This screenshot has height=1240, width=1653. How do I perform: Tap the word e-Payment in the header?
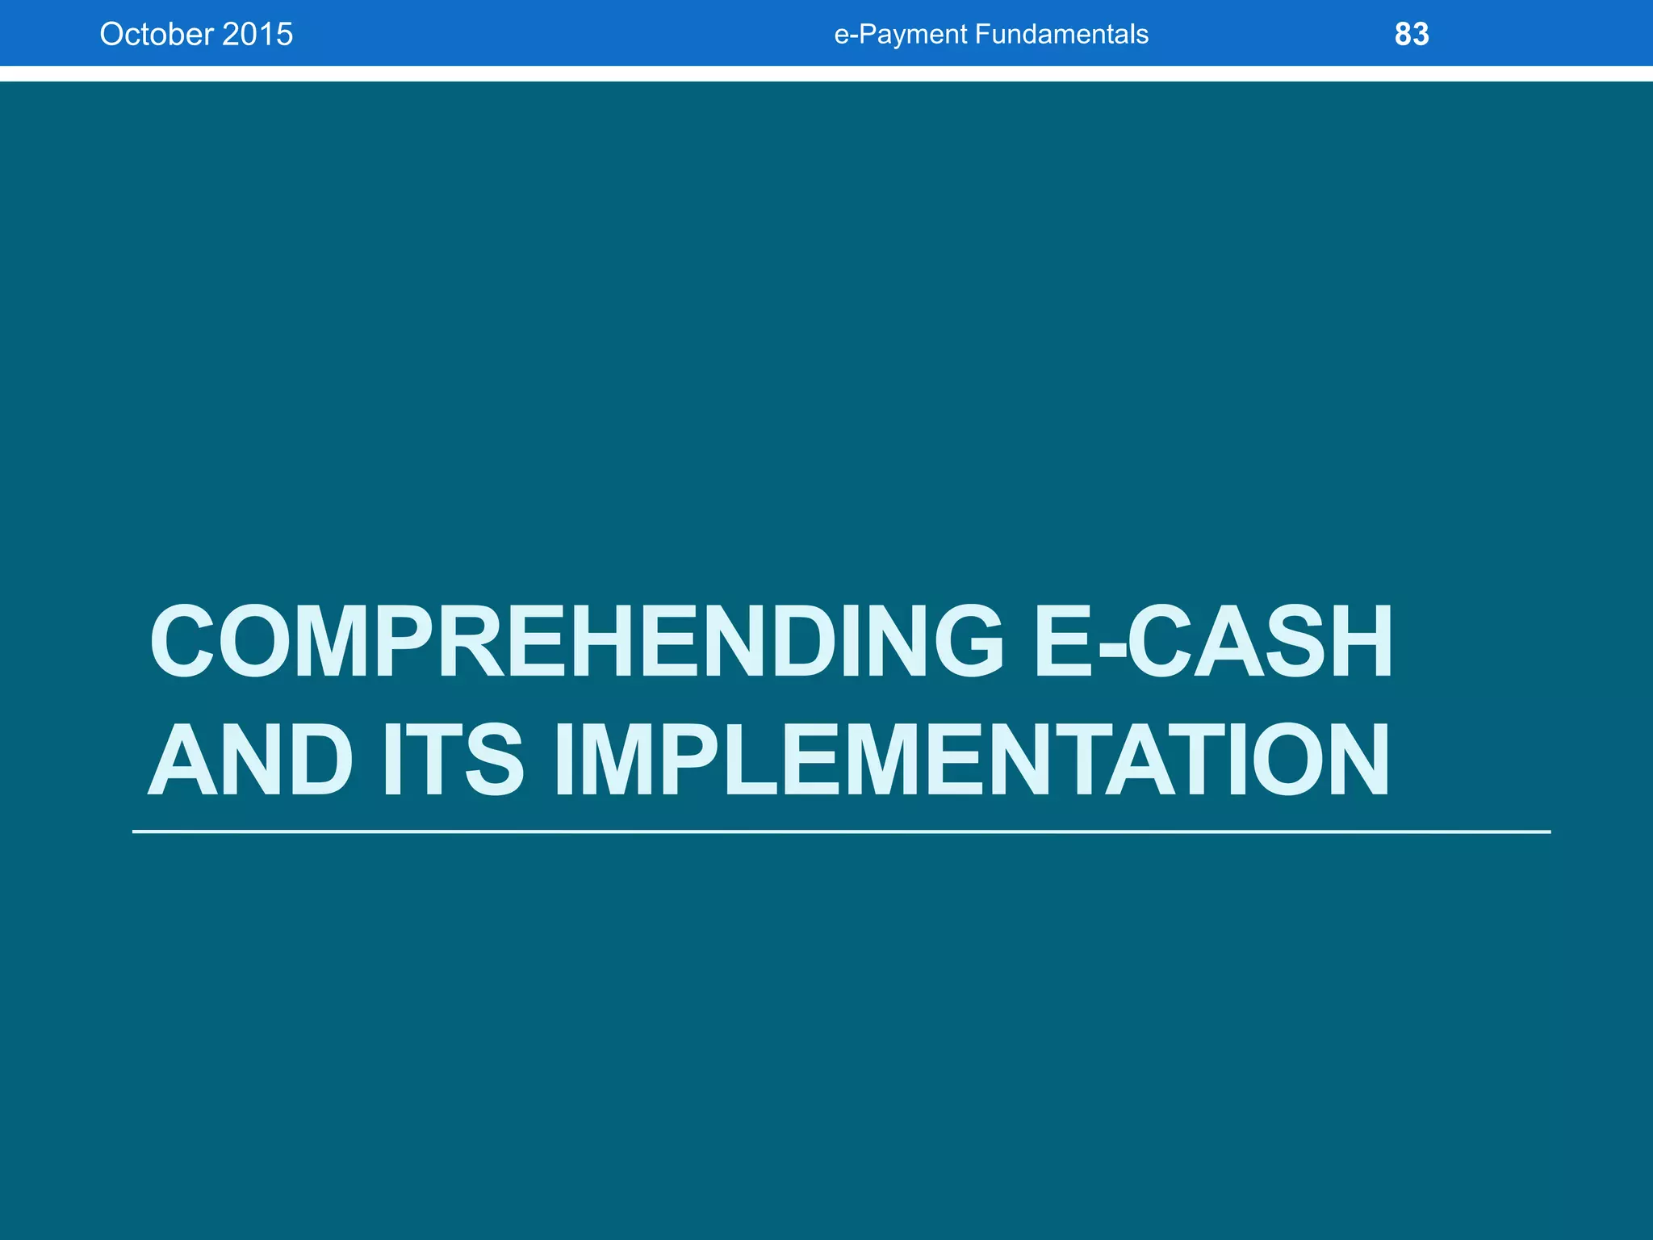(x=900, y=34)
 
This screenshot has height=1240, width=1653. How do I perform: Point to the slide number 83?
(x=1411, y=34)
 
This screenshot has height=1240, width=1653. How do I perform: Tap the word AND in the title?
(x=249, y=760)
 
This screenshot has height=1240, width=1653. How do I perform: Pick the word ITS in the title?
(x=453, y=760)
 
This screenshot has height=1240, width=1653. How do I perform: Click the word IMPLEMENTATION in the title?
(x=972, y=760)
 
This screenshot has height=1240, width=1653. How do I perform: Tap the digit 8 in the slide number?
(x=1403, y=34)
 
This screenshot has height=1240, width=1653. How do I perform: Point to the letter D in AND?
(x=318, y=760)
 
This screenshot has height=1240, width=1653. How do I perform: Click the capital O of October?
(x=111, y=34)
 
